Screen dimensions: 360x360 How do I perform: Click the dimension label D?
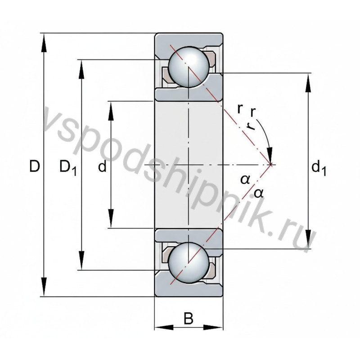point(35,167)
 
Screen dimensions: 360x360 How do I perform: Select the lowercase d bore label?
point(103,167)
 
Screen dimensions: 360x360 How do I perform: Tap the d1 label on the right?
point(318,168)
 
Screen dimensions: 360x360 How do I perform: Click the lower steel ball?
point(189,262)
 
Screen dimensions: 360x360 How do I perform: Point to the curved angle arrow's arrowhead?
point(270,155)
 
